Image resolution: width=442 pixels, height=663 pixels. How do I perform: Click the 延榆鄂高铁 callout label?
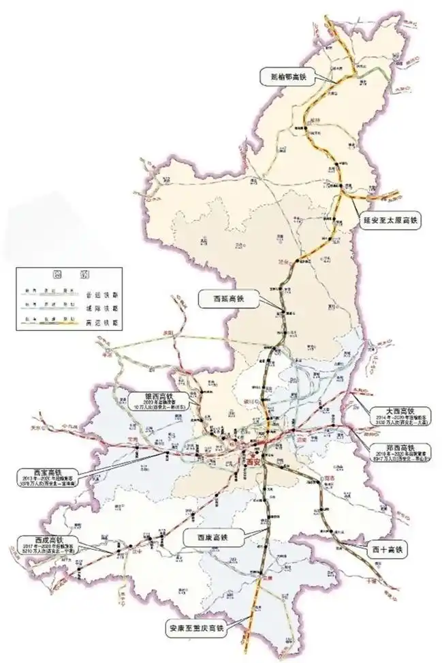pyautogui.click(x=284, y=77)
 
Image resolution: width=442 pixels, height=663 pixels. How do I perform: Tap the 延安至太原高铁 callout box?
pyautogui.click(x=392, y=220)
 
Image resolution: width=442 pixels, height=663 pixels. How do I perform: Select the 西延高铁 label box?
pyautogui.click(x=221, y=297)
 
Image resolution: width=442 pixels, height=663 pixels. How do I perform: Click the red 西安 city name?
pyautogui.click(x=257, y=460)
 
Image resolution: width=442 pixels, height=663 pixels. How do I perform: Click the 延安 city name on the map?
pyautogui.click(x=286, y=260)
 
